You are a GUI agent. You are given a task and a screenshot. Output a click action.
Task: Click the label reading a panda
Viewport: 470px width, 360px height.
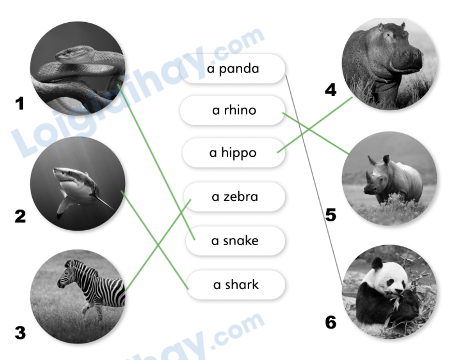coord(233,69)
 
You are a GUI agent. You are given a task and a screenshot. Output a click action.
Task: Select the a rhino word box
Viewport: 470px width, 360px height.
coord(233,110)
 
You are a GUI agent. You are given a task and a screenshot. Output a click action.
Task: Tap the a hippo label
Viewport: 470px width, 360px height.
coord(233,153)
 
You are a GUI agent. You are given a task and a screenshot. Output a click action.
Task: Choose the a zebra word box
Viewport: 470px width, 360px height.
coord(234,197)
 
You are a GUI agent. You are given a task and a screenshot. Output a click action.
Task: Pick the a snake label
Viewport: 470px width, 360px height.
coord(234,241)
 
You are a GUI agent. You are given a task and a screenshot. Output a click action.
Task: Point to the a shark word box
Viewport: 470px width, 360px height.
coord(236,284)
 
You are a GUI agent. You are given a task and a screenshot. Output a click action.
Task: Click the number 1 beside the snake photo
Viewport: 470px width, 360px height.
coord(20,104)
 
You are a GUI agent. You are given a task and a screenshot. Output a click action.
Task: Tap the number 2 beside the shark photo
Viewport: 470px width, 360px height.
coord(20,216)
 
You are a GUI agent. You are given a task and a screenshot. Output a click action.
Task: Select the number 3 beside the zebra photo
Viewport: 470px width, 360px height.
coord(20,333)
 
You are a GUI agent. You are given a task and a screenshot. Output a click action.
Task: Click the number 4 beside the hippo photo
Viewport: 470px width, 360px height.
coord(330,91)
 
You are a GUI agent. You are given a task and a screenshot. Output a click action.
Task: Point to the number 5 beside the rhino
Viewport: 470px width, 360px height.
coord(331,214)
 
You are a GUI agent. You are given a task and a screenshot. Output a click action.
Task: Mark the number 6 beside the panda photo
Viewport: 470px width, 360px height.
coord(330,322)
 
